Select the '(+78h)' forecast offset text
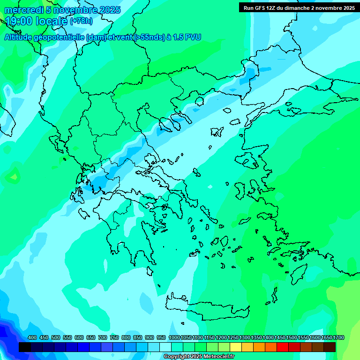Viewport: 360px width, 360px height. (x=81, y=21)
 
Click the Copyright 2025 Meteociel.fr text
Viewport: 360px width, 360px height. (x=199, y=357)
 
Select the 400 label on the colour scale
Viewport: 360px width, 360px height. (x=32, y=338)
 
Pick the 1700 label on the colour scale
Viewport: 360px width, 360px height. (x=338, y=338)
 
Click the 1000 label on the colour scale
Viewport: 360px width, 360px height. (x=174, y=338)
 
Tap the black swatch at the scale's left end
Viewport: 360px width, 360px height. (x=25, y=347)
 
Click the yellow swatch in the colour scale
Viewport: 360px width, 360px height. (x=236, y=347)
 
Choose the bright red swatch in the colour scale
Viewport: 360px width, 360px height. (x=283, y=347)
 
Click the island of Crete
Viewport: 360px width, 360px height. (x=206, y=305)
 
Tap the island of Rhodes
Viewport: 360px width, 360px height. (x=298, y=274)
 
